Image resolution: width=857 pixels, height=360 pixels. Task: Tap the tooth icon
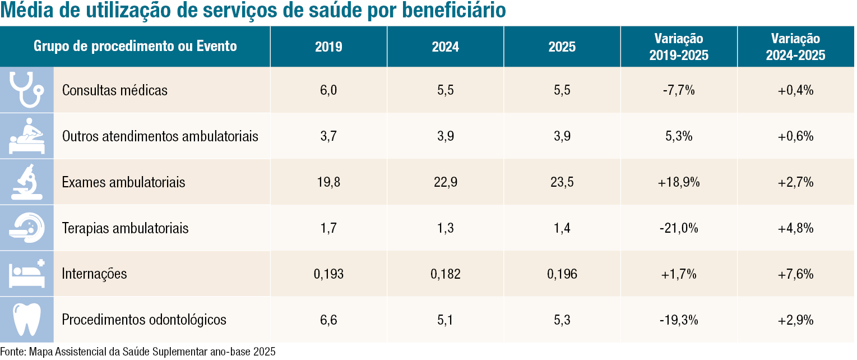27,320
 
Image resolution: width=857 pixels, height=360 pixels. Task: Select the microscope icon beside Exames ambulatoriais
27,182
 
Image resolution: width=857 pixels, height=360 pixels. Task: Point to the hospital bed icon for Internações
27,273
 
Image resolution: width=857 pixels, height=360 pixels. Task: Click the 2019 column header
328,47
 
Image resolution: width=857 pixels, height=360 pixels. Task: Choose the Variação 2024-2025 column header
795,47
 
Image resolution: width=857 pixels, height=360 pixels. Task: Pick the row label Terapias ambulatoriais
125,228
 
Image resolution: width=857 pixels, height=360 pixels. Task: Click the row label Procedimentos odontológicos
144,320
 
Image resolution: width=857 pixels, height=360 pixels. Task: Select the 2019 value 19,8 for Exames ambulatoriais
328,182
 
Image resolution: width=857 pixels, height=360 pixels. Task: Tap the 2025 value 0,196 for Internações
562,274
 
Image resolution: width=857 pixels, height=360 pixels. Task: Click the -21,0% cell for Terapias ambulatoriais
679,228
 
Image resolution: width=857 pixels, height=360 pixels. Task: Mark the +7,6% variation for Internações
795,274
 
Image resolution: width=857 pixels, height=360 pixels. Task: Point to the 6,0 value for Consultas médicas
328,90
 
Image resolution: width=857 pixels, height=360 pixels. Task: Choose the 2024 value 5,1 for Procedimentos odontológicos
446,320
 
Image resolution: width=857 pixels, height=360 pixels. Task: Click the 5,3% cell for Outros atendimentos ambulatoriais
679,136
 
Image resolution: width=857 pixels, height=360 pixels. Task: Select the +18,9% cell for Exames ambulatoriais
679,182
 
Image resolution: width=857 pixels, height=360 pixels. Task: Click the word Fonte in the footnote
13,352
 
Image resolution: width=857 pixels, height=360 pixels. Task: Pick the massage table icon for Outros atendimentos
27,136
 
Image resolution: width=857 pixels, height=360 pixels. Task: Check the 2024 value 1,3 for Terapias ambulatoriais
446,228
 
